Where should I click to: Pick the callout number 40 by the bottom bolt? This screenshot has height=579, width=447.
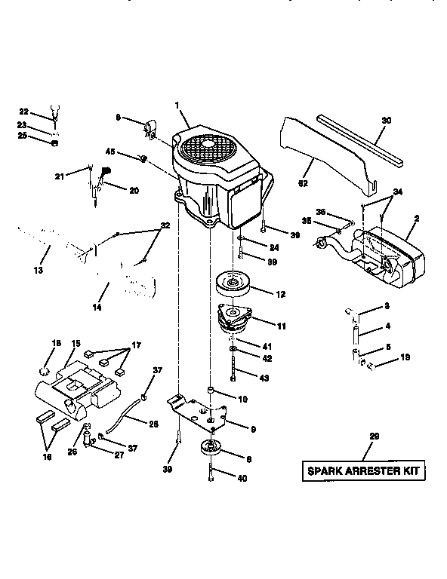[x=241, y=477]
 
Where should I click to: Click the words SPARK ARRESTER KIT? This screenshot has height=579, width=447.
[x=363, y=473]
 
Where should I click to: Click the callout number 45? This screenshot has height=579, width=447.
[x=110, y=152]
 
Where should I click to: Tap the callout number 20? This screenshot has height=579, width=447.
[x=134, y=191]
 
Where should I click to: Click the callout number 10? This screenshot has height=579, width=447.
[x=242, y=398]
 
